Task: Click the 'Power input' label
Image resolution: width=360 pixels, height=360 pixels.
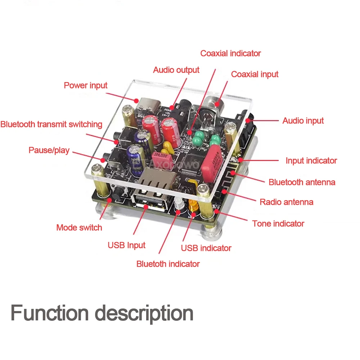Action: coord(86,85)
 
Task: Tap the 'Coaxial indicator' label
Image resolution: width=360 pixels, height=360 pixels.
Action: coord(230,53)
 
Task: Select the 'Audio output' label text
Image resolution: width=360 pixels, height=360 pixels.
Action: coord(176,70)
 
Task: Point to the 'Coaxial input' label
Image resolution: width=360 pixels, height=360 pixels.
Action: coord(255,74)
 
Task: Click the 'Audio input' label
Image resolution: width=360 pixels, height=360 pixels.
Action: coord(303,121)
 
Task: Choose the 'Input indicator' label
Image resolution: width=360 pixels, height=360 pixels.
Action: coord(311,161)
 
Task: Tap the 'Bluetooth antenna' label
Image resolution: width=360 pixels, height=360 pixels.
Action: coord(302,182)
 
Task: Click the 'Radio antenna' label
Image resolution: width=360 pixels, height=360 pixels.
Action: coord(286,202)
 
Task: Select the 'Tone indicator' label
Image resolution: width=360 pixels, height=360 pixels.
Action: coord(278,224)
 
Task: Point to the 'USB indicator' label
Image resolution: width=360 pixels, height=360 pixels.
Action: coord(206,248)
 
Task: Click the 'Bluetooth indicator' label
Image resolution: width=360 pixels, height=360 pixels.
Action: coord(168,264)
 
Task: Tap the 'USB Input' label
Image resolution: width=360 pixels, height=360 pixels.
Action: coord(126,245)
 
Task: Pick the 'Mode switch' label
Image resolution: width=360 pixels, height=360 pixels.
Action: coord(79,228)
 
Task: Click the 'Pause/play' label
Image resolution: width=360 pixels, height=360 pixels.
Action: coord(49,150)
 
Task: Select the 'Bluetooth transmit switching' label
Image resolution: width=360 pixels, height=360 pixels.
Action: coord(51,124)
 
